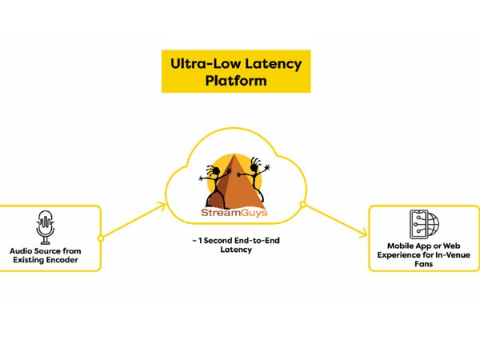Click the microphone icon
(46, 227)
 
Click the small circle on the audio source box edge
(100, 238)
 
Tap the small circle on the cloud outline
(303, 206)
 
